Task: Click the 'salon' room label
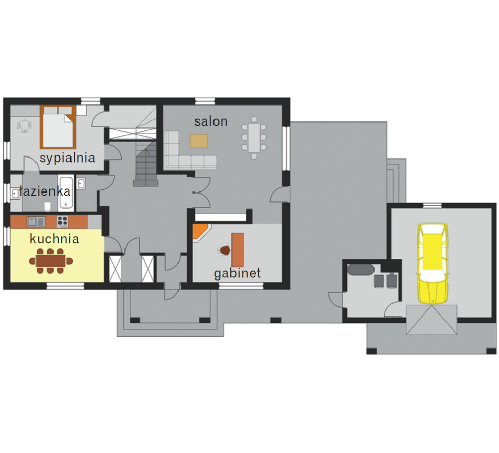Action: coord(211,121)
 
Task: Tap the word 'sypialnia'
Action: coord(67,158)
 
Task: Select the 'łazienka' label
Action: coord(44,191)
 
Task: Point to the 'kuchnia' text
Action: coord(54,239)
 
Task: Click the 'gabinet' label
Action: coord(237,273)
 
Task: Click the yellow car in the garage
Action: coord(433,263)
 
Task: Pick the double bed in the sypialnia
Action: coord(58,127)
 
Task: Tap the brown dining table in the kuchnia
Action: coord(51,261)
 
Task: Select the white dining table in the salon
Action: coord(254,137)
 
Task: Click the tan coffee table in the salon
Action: coord(199,141)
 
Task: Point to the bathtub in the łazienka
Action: coord(65,193)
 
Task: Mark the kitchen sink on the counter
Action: coord(36,221)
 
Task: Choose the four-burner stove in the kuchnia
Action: coord(62,221)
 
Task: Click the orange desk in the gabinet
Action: coord(238,250)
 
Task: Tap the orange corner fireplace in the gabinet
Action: coord(199,232)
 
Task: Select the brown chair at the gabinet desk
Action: coord(225,250)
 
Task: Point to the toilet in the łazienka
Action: coord(48,206)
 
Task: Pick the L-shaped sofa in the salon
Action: coord(185,153)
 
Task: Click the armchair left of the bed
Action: coord(24,126)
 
